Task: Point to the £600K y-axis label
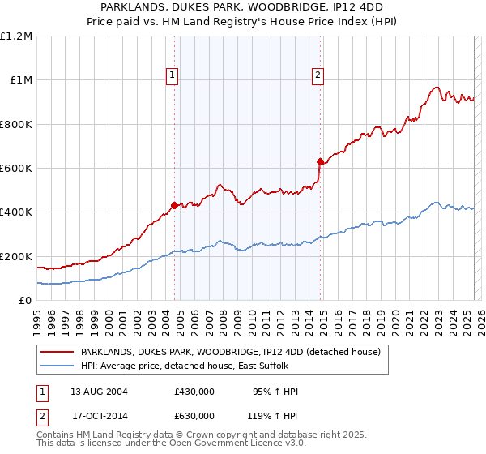[x=16, y=168]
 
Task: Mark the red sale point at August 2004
[x=174, y=205]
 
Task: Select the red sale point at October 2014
[x=321, y=161]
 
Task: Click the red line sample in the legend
[x=58, y=352]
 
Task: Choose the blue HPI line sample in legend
[x=58, y=366]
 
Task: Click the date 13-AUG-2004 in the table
[x=99, y=392]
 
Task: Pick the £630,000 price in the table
[x=194, y=415]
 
